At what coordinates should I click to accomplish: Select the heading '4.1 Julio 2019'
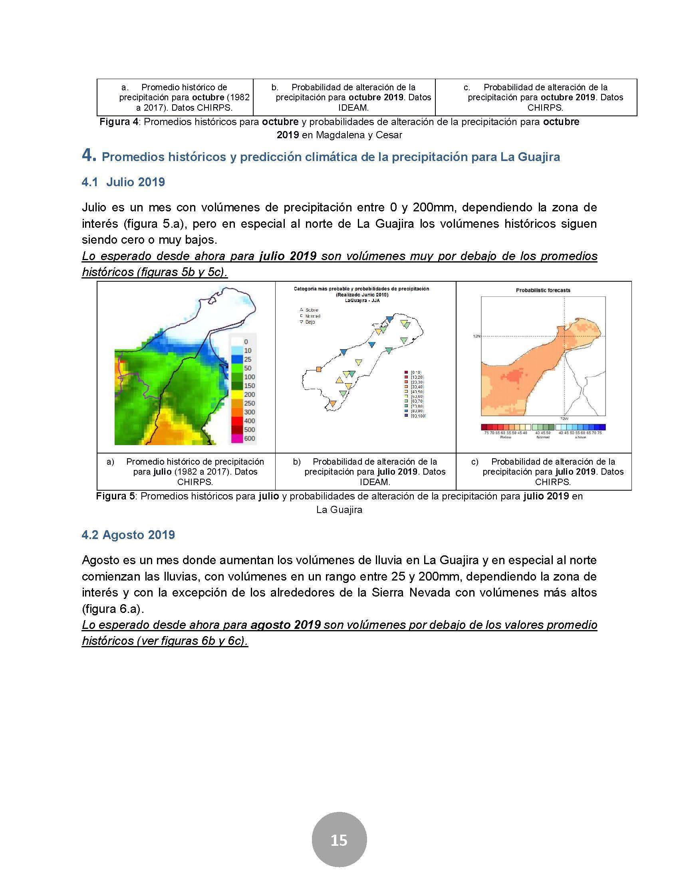[x=123, y=182]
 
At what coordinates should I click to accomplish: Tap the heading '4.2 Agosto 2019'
[x=128, y=535]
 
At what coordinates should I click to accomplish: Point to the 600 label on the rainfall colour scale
[x=249, y=438]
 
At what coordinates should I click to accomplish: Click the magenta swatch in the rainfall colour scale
[x=236, y=438]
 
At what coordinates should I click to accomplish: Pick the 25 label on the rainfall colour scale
[x=248, y=360]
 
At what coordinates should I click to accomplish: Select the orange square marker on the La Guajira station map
[x=319, y=369]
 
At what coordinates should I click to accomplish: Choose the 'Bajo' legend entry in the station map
[x=310, y=322]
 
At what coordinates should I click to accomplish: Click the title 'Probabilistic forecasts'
[x=543, y=290]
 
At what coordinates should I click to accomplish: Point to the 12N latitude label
[x=476, y=336]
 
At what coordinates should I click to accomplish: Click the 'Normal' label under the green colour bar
[x=543, y=437]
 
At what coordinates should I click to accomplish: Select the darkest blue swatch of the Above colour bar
[x=602, y=428]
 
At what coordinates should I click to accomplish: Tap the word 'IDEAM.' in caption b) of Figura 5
[x=375, y=482]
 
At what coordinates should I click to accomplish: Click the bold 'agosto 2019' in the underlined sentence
[x=285, y=624]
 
